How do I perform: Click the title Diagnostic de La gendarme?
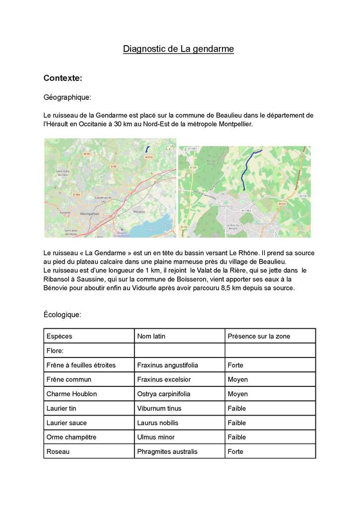click(178, 49)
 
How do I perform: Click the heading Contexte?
click(63, 78)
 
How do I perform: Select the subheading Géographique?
click(67, 97)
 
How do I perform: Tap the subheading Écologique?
click(63, 314)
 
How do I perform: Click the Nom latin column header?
click(151, 336)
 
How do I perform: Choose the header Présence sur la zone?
click(258, 336)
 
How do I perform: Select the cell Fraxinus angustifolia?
click(167, 365)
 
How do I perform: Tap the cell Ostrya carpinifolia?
click(164, 394)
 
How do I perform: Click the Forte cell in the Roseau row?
click(235, 451)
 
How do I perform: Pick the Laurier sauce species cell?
click(67, 423)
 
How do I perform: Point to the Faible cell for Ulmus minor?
click(236, 437)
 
